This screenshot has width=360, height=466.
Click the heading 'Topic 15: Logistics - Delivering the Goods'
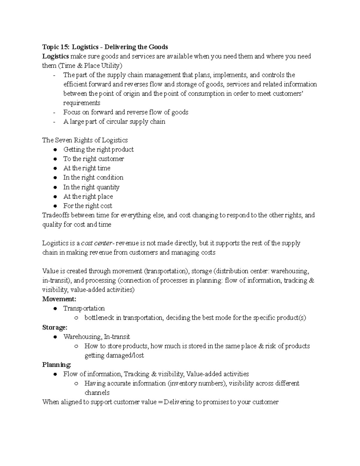(x=105, y=47)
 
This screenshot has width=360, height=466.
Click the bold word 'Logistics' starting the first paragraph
(x=55, y=56)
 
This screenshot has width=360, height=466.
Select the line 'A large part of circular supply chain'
(x=114, y=122)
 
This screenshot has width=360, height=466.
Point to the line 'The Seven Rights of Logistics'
(x=85, y=140)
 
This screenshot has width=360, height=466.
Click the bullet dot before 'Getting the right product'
(x=55, y=150)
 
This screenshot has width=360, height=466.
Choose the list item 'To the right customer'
(x=93, y=159)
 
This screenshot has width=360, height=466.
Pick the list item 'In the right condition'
(x=93, y=177)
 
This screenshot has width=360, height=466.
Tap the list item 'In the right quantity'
(x=91, y=187)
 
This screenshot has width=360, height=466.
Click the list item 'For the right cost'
(x=88, y=206)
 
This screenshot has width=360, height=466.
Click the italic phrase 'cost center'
(x=96, y=243)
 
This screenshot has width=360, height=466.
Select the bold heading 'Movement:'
(x=59, y=299)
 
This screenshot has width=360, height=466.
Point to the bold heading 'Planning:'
(x=57, y=365)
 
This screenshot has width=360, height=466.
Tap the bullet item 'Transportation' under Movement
(x=84, y=308)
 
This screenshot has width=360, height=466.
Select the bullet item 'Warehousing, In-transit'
(x=96, y=337)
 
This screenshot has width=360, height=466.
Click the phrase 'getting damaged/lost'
(x=114, y=356)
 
